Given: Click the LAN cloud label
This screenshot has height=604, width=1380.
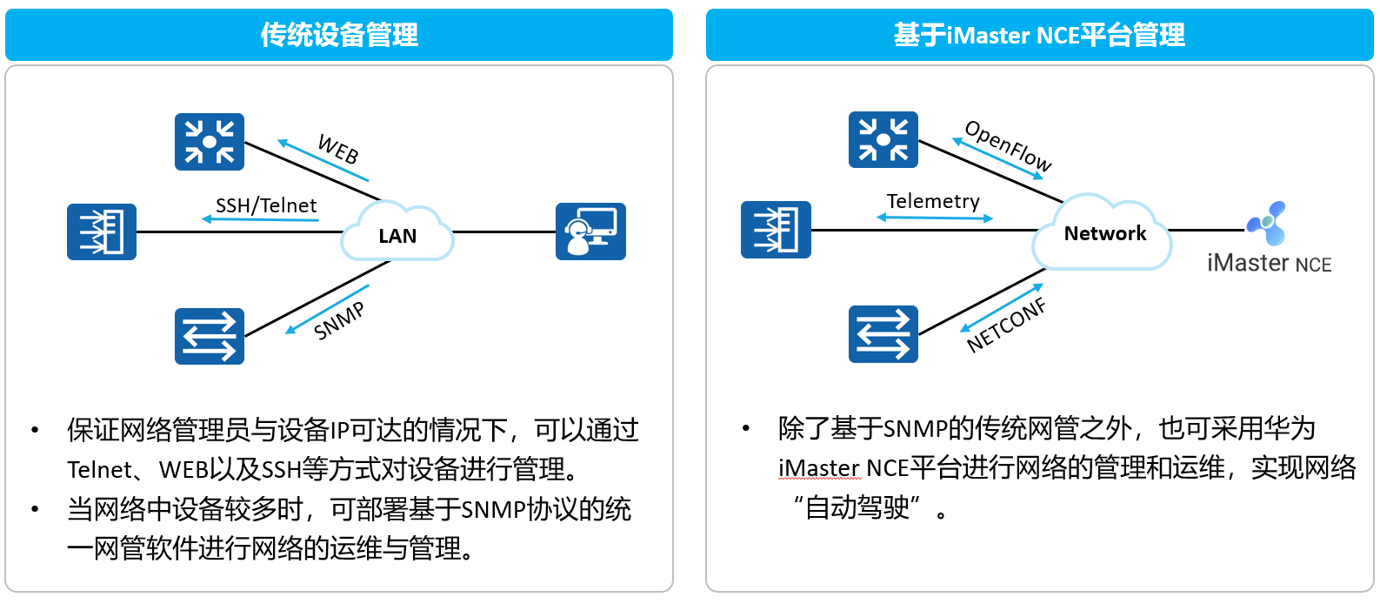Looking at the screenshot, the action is pyautogui.click(x=397, y=236).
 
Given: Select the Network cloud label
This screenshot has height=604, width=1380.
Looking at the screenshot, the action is pyautogui.click(x=1105, y=233).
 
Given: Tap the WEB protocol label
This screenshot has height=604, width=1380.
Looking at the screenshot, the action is pyautogui.click(x=338, y=149).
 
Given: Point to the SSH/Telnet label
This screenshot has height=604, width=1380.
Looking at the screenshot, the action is pyautogui.click(x=266, y=205).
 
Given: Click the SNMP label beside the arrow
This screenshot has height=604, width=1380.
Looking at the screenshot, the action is pyautogui.click(x=339, y=321).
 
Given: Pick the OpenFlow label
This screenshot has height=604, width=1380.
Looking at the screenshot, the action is pyautogui.click(x=1009, y=145).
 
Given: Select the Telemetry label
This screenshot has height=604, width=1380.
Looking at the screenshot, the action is pyautogui.click(x=933, y=201).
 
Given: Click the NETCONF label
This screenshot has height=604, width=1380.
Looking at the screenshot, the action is pyautogui.click(x=1006, y=325).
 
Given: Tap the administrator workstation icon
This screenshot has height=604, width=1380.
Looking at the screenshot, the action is pyautogui.click(x=590, y=232).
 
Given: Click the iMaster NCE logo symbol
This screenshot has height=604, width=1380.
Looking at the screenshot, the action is pyautogui.click(x=1267, y=223).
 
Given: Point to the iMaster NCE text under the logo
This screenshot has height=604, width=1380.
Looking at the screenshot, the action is pyautogui.click(x=1269, y=263).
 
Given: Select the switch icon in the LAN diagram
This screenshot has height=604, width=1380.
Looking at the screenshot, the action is pyautogui.click(x=210, y=336).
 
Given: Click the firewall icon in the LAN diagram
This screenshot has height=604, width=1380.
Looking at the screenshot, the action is pyautogui.click(x=102, y=232).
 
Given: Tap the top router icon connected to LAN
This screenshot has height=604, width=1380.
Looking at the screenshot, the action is pyautogui.click(x=210, y=142).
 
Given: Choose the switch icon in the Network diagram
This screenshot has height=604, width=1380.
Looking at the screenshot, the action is pyautogui.click(x=883, y=334).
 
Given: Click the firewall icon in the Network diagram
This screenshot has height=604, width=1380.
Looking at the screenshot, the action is pyautogui.click(x=776, y=229).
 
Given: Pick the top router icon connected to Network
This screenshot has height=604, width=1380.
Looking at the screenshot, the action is pyautogui.click(x=883, y=140).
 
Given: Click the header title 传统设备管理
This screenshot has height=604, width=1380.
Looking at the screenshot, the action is pyautogui.click(x=339, y=35).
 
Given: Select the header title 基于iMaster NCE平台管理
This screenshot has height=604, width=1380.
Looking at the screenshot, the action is pyautogui.click(x=1039, y=35).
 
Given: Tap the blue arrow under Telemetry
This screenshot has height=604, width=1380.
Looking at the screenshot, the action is pyautogui.click(x=935, y=218).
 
